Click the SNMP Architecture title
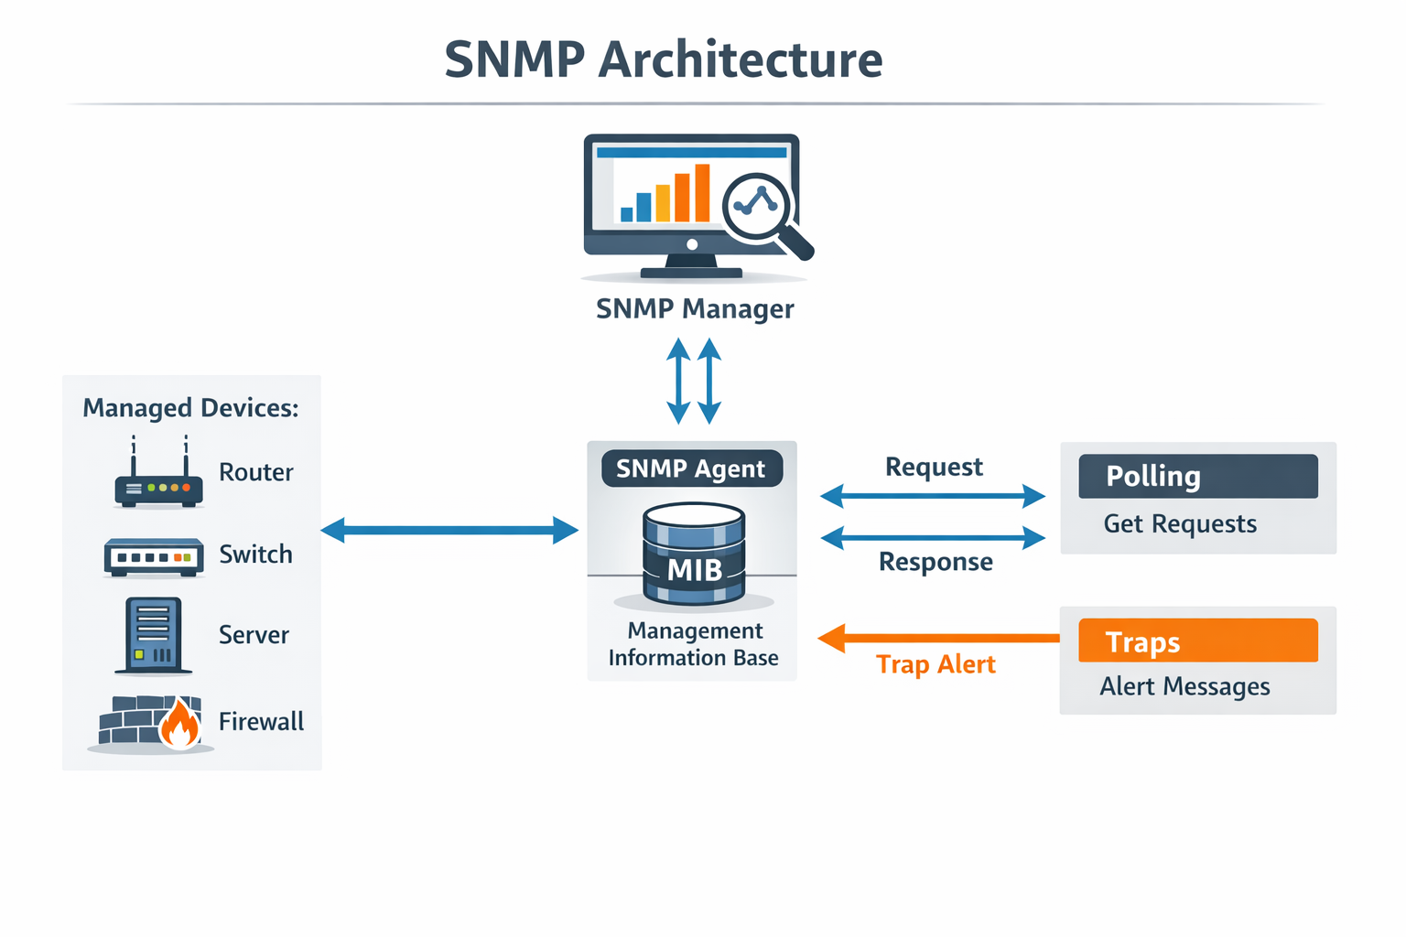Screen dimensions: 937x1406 [664, 60]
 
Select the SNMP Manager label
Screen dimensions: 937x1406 [695, 309]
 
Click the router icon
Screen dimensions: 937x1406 [158, 479]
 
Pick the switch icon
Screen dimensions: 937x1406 [154, 556]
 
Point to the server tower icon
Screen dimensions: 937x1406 [153, 635]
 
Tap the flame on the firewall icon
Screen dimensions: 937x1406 [179, 726]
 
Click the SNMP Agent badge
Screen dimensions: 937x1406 [691, 468]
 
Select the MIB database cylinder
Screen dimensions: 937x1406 [694, 555]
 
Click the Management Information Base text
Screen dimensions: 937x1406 [694, 644]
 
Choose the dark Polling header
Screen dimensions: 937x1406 [1197, 477]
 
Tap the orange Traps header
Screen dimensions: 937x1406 [1197, 641]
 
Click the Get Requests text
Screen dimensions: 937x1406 [1180, 524]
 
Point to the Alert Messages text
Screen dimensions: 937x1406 [1184, 687]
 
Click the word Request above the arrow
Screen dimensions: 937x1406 [934, 468]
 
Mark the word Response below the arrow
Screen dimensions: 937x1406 [936, 562]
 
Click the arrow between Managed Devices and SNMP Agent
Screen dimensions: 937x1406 [449, 530]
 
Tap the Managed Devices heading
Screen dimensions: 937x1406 [190, 408]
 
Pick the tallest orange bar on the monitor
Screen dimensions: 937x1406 [702, 193]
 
